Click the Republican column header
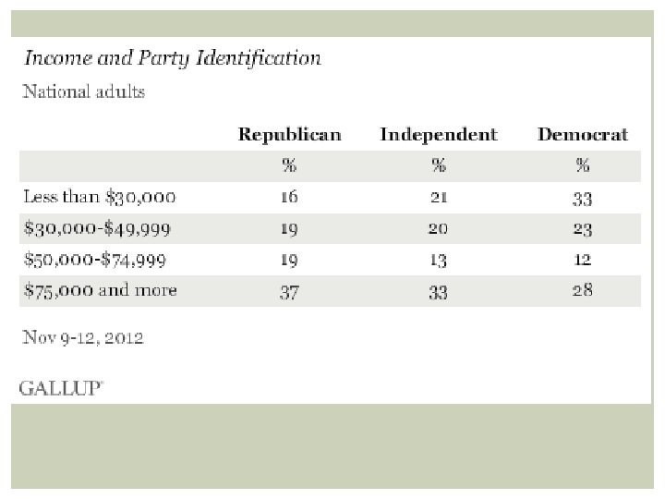tap(290, 135)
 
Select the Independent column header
tap(439, 135)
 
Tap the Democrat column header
tap(582, 135)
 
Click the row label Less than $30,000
tap(100, 197)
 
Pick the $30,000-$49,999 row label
tap(97, 229)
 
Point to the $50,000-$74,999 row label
tap(95, 260)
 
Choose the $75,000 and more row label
tap(101, 290)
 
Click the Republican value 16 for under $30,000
tap(289, 197)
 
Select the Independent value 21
tap(439, 198)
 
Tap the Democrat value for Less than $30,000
tap(582, 199)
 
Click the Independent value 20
tap(438, 229)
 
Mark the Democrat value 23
tap(582, 229)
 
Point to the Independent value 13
tap(439, 260)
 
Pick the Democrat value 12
tap(582, 260)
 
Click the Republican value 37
tap(289, 292)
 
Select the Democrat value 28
tap(582, 290)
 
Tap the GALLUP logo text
tap(61, 388)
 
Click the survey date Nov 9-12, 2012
tap(83, 337)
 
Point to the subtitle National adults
tap(83, 91)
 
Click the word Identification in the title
tap(259, 58)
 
